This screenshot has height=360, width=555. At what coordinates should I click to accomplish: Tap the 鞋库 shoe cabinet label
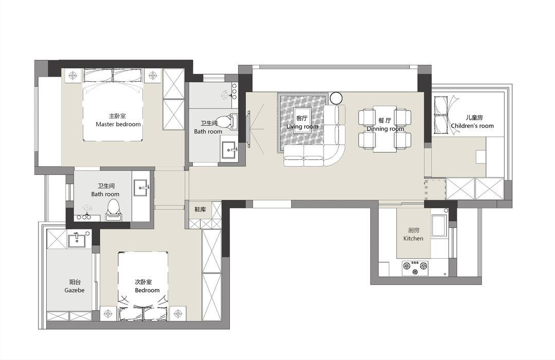pyautogui.click(x=200, y=209)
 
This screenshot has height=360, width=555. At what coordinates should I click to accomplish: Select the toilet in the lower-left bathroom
pyautogui.click(x=113, y=209)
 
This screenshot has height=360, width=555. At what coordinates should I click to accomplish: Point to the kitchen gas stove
pyautogui.click(x=415, y=267)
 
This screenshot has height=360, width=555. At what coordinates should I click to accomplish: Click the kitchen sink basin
pyautogui.click(x=439, y=227)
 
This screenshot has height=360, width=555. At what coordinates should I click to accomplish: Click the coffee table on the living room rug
pyautogui.click(x=302, y=119)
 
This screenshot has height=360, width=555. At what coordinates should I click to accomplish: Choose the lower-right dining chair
pyautogui.click(x=403, y=140)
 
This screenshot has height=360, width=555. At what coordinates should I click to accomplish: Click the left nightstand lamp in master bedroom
pyautogui.click(x=73, y=76)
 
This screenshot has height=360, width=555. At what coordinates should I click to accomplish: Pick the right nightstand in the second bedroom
pyautogui.click(x=177, y=313)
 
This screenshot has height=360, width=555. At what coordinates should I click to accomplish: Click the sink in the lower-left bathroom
pyautogui.click(x=142, y=187)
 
